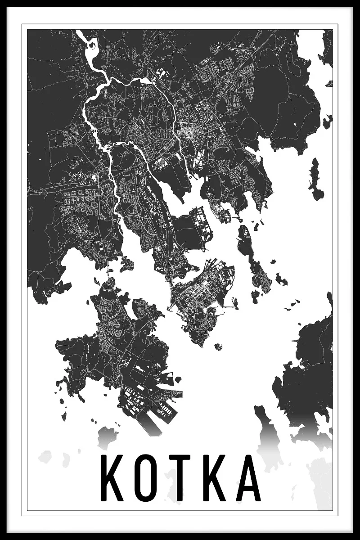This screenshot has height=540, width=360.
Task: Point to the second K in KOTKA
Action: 212,478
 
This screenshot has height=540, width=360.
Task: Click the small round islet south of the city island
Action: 219,346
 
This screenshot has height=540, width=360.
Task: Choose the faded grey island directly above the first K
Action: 106,436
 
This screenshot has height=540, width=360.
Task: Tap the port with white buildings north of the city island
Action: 198,225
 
